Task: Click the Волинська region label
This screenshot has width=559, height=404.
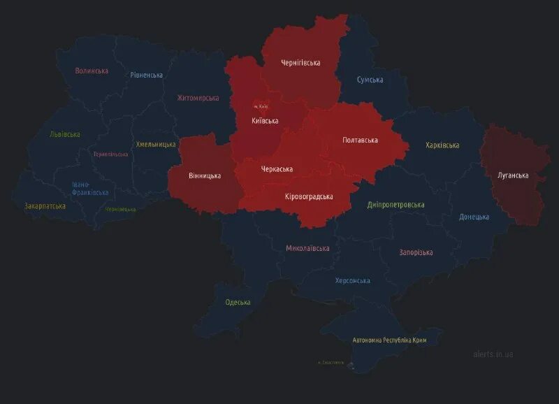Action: tap(92, 71)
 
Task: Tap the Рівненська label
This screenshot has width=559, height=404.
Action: tap(146, 75)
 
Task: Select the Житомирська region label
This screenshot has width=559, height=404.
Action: tap(198, 98)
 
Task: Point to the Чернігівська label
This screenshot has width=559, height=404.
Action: tap(300, 63)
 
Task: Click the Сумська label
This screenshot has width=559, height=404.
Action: tap(370, 80)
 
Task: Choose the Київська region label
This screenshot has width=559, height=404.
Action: tap(265, 121)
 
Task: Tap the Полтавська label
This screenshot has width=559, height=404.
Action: tap(360, 140)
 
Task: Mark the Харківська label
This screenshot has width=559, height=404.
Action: tap(442, 145)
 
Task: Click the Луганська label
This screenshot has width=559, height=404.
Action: tap(512, 175)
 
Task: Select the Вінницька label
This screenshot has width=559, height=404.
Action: tap(205, 175)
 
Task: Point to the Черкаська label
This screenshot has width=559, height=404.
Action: tap(277, 169)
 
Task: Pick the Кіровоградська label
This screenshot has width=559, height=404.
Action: tap(309, 196)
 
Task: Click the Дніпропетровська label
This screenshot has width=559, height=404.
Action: tap(395, 205)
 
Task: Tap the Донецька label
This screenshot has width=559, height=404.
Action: tap(474, 217)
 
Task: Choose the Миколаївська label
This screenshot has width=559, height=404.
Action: tap(307, 248)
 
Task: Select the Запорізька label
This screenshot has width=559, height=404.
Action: tap(416, 252)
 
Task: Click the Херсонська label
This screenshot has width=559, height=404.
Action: tap(352, 280)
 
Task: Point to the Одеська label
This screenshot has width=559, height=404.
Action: tap(238, 302)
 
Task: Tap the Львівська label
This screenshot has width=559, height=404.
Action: tap(64, 134)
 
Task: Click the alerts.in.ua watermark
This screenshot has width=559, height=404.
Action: tap(493, 354)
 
